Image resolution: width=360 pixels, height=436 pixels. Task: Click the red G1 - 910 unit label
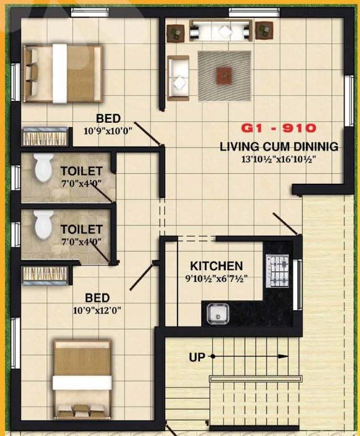click(x=279, y=128)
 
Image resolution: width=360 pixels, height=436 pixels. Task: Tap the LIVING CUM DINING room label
click(x=279, y=147)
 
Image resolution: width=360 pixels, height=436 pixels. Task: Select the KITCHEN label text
click(x=216, y=265)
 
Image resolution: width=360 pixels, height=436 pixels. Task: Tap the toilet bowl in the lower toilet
click(x=43, y=224)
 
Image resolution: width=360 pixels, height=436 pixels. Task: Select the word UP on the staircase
click(x=197, y=357)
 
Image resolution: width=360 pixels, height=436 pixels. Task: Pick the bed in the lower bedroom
click(x=83, y=379)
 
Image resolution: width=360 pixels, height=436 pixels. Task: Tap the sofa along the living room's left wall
click(x=179, y=78)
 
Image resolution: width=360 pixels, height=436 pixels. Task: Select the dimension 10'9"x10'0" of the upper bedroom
click(x=108, y=131)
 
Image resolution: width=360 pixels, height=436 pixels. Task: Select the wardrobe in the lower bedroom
click(x=45, y=274)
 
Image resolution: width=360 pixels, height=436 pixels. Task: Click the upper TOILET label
click(x=81, y=171)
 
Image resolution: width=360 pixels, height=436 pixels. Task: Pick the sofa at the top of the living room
click(x=220, y=29)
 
